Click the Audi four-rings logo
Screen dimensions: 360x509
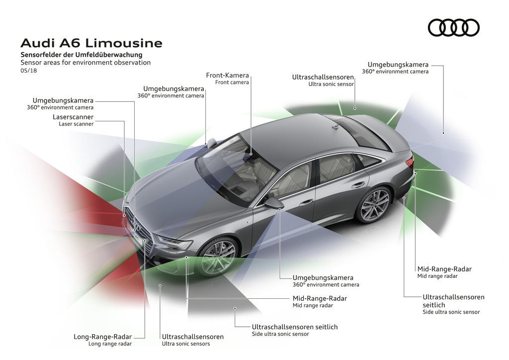[x=453, y=27]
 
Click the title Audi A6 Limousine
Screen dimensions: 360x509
[x=91, y=43]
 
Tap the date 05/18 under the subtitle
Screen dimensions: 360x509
[x=28, y=71]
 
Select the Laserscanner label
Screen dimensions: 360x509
[x=73, y=117]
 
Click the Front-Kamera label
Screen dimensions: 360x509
[x=227, y=76]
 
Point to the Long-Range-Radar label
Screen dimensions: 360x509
[x=103, y=337]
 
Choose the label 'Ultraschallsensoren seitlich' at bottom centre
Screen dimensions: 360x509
[x=295, y=327]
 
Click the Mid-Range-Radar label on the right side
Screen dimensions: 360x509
[x=444, y=269]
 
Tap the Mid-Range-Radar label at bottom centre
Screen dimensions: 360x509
[x=320, y=298]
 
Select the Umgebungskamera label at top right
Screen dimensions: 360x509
[x=398, y=65]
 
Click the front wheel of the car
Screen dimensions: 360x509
[x=219, y=257]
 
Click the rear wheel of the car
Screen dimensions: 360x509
[x=374, y=204]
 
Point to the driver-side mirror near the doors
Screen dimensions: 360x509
[x=274, y=203]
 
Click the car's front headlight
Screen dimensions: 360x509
[x=175, y=243]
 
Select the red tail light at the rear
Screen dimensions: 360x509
[x=410, y=162]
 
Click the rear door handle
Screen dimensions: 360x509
[x=358, y=184]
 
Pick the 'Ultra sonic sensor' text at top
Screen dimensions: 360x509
[x=331, y=85]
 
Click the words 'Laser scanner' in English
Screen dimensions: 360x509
[x=76, y=124]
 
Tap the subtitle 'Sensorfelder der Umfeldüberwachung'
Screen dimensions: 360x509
[x=82, y=54]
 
